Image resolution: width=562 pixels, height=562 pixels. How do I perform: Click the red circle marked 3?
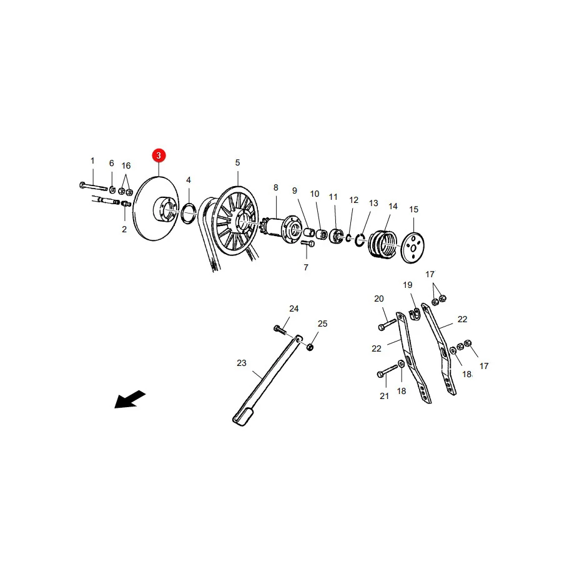[x=159, y=155]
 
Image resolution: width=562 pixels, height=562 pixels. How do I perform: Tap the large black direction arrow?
[x=130, y=399]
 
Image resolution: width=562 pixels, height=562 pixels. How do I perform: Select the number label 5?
[x=237, y=163]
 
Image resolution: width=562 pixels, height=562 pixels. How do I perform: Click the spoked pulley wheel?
[x=235, y=220]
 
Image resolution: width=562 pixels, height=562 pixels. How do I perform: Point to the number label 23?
[x=242, y=363]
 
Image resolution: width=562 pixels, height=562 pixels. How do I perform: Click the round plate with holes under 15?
[x=412, y=248]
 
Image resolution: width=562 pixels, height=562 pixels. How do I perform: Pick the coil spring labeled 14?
[x=382, y=244]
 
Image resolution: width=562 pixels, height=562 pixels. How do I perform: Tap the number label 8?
[x=275, y=187]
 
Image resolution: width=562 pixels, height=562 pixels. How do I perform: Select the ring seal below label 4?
[x=189, y=213]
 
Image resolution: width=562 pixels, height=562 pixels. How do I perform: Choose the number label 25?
[x=323, y=323]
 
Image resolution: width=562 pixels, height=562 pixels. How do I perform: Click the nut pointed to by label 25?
[x=310, y=347]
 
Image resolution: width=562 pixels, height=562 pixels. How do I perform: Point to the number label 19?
[x=408, y=285]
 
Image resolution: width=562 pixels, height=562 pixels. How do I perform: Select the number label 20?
[x=379, y=298]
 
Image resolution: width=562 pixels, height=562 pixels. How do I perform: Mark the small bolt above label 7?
[x=308, y=244]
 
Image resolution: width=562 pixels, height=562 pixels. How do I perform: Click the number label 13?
[x=373, y=203]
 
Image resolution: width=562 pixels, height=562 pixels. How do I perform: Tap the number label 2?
[x=124, y=229]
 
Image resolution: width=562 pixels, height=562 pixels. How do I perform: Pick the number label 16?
[x=126, y=165]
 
